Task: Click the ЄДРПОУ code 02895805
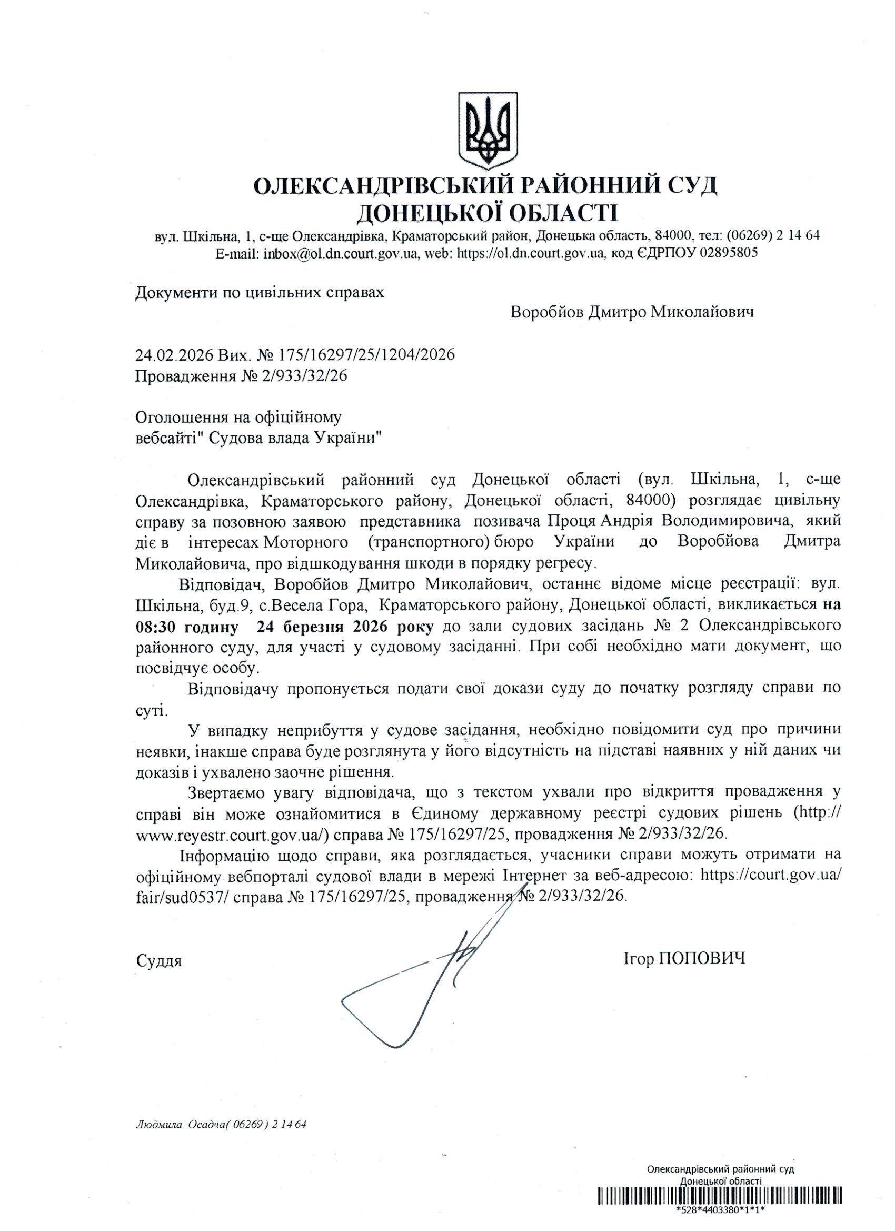click(x=717, y=253)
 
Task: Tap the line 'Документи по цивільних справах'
click(x=260, y=293)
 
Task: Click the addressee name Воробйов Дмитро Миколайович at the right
click(x=632, y=312)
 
